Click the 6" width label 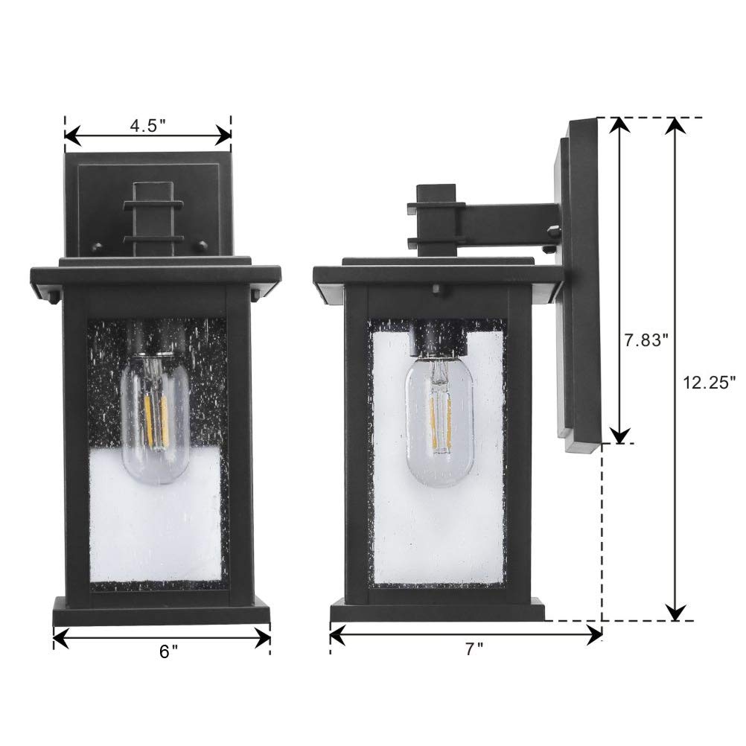[168, 651]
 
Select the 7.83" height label [645, 339]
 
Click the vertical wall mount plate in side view [581, 283]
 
